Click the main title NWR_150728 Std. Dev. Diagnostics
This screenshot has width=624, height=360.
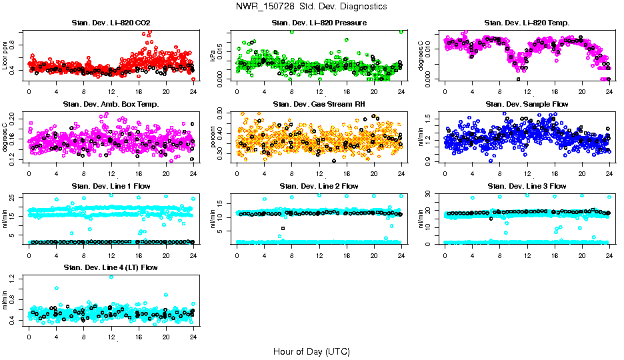(311, 7)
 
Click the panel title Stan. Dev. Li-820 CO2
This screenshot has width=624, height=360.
(111, 23)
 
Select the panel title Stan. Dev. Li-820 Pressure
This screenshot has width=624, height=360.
(319, 23)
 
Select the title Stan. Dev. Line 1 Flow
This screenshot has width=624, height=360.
(111, 186)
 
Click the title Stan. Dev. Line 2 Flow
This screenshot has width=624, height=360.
(319, 186)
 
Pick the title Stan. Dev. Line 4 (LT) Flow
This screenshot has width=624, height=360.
(111, 267)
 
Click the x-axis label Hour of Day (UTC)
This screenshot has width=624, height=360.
(311, 351)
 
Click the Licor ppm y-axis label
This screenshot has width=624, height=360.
(5, 55)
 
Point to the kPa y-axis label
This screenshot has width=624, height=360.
(213, 55)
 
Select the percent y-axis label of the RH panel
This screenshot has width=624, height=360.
(213, 137)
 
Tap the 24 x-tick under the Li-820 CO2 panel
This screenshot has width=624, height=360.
(193, 91)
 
